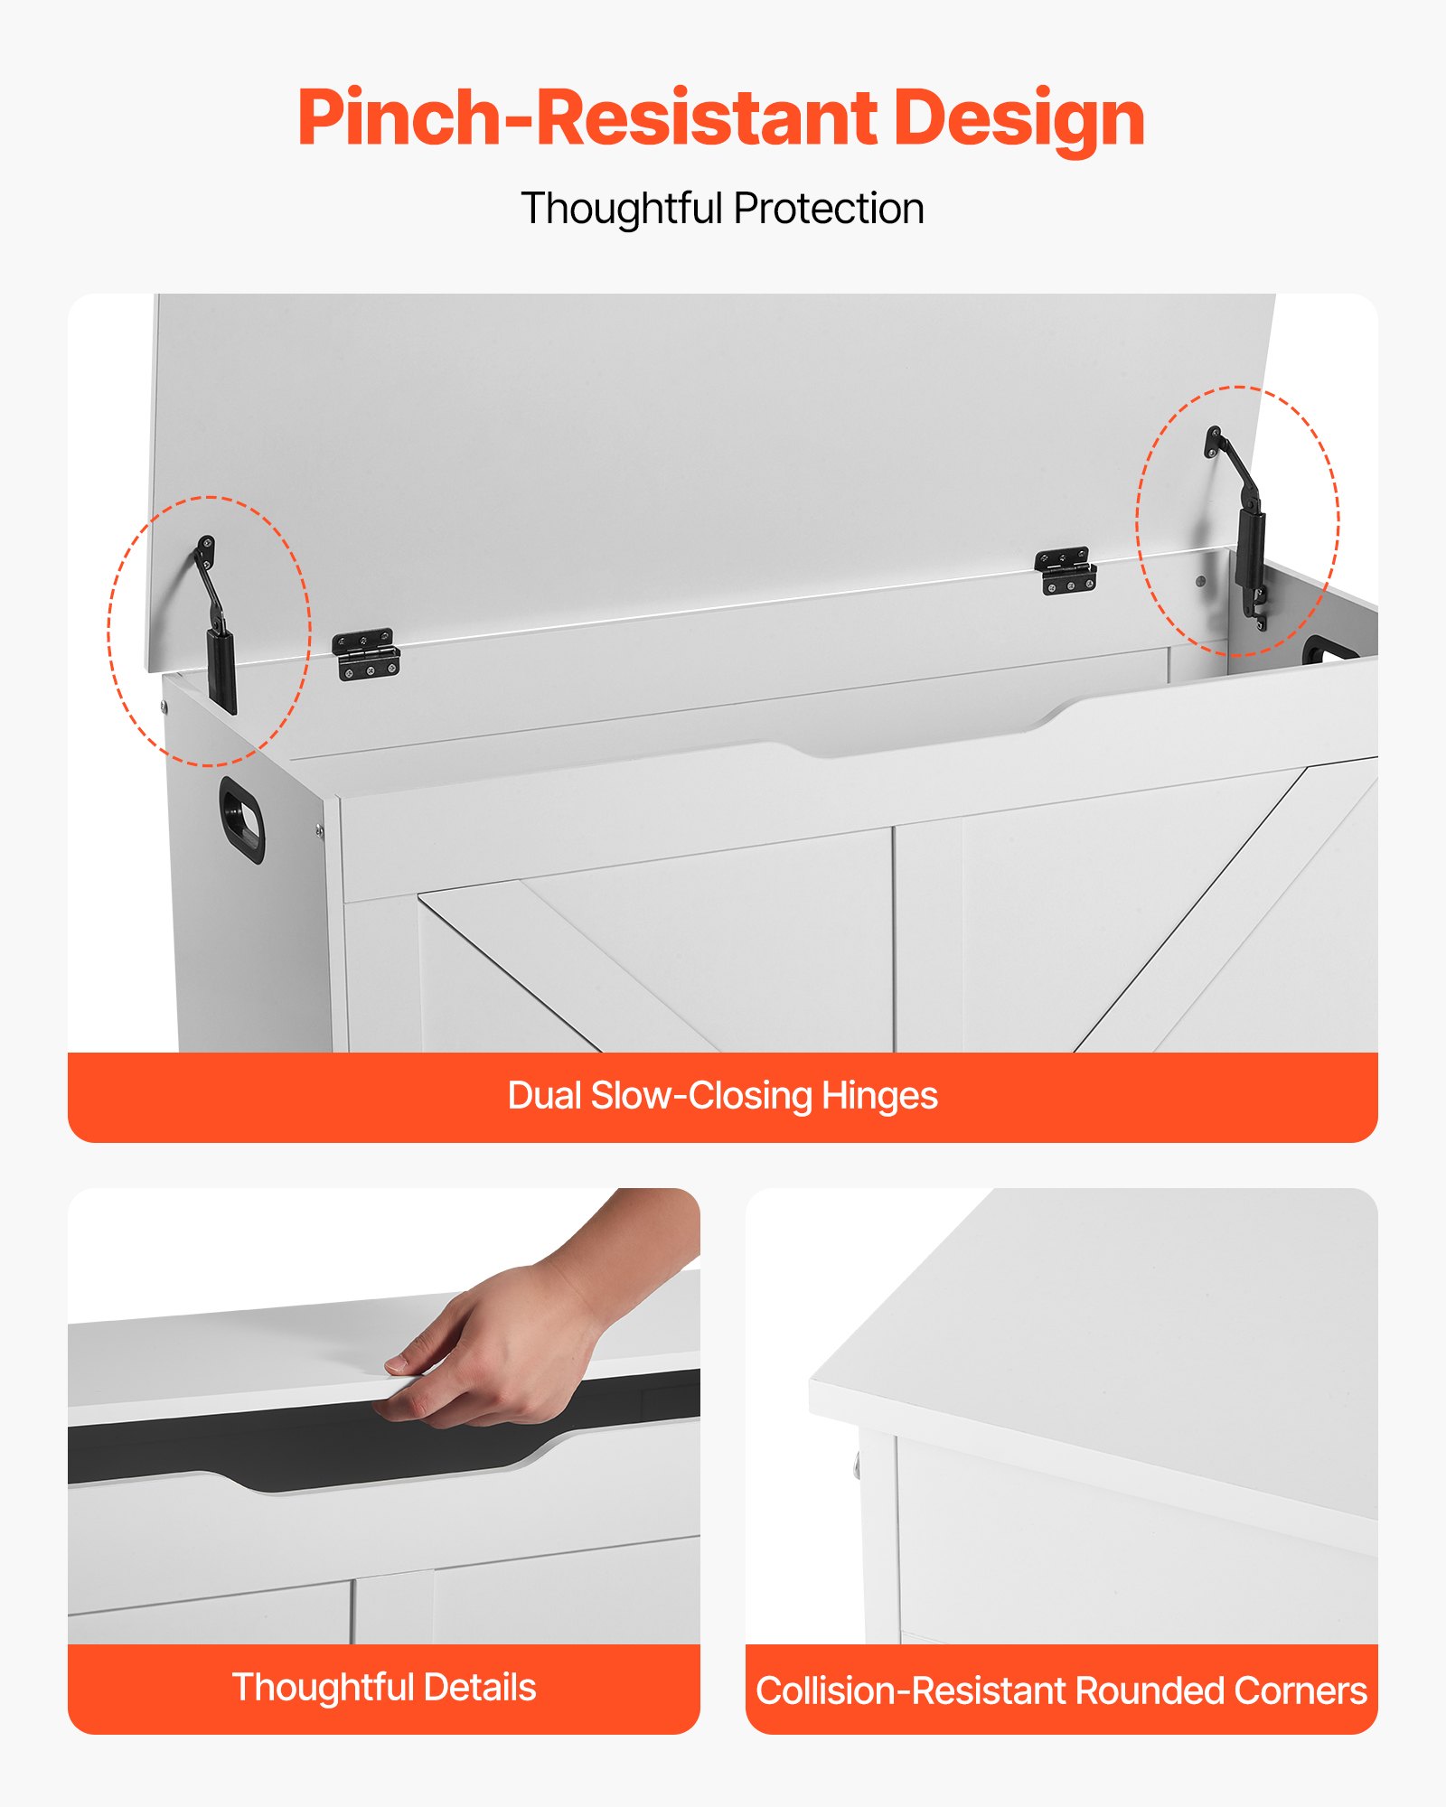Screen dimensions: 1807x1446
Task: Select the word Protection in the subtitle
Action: coord(829,209)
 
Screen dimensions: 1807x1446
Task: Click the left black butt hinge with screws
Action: coord(366,654)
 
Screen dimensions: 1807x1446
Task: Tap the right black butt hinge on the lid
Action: coord(1066,572)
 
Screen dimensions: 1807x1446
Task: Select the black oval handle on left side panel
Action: coord(242,819)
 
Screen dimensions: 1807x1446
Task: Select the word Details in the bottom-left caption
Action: coord(479,1688)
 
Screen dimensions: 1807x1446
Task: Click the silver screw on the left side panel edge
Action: coord(318,829)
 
